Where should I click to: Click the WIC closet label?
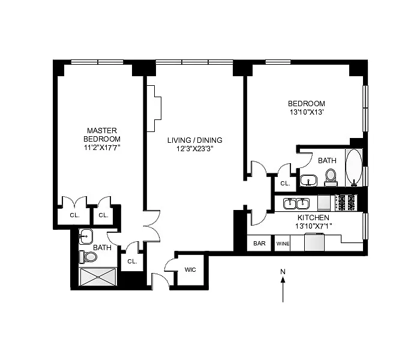190,270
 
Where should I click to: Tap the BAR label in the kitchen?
259,244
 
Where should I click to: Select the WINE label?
283,244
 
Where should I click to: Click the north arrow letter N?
283,272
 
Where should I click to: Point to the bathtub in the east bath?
354,168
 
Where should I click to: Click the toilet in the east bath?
331,178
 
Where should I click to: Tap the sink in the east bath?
308,180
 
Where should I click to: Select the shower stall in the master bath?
98,277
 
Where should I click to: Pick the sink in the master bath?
86,236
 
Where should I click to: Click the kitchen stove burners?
346,203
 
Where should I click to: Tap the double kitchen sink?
296,203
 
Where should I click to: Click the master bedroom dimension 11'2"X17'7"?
102,148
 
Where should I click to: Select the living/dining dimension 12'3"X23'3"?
195,149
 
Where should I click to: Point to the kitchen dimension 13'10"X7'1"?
313,226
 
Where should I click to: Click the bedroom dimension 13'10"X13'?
307,112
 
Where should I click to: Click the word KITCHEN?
313,217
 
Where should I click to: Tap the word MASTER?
102,131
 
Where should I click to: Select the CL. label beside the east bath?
285,184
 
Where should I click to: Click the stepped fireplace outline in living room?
154,109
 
